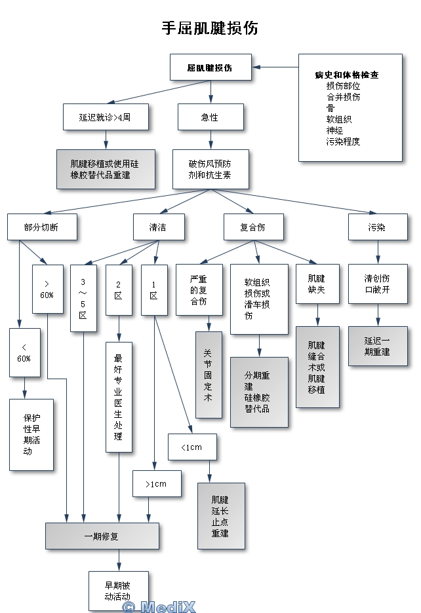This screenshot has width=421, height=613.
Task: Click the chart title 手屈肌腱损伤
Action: point(210,28)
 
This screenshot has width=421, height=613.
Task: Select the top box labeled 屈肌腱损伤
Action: point(210,67)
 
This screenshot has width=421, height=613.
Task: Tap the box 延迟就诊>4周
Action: point(105,118)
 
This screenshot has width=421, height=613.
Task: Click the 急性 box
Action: point(210,118)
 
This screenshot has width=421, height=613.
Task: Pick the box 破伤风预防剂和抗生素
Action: point(210,170)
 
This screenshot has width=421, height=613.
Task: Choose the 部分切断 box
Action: point(42,227)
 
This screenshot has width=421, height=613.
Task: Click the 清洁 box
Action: point(158,227)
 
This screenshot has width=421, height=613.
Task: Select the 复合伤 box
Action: point(253,227)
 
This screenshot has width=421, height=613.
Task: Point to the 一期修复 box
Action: point(102,536)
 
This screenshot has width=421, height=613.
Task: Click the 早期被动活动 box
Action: point(118,591)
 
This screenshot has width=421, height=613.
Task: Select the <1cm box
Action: point(192,447)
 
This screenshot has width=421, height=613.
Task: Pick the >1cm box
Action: point(157,484)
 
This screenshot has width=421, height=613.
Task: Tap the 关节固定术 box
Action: point(209,375)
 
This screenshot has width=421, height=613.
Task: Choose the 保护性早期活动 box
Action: point(31,434)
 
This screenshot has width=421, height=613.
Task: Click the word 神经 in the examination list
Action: point(334,130)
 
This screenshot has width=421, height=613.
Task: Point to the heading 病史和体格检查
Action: point(347,75)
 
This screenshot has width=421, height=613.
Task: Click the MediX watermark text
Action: point(159,606)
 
